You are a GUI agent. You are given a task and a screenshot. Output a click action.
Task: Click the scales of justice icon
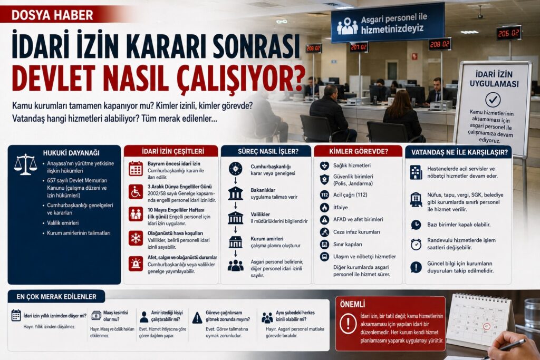click(x=25, y=164)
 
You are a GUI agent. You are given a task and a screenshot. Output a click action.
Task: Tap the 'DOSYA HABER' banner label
click(x=52, y=15)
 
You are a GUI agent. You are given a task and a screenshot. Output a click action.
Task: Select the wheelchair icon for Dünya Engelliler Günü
click(x=136, y=192)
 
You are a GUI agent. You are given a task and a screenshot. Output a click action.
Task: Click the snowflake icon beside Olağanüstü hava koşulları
click(x=136, y=238)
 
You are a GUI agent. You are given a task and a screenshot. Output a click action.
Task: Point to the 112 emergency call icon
click(x=324, y=195)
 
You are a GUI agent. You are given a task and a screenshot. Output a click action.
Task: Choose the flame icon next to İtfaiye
click(x=324, y=207)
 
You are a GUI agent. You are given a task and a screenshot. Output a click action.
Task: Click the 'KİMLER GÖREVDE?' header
click(x=359, y=151)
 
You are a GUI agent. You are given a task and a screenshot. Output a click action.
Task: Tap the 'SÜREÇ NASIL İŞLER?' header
click(x=268, y=151)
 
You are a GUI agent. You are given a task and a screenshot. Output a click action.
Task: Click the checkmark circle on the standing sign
click(x=493, y=100)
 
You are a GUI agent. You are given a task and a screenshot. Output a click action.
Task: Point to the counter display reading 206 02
click(x=508, y=33)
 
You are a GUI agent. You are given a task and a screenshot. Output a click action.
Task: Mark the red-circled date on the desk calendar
click(x=486, y=326)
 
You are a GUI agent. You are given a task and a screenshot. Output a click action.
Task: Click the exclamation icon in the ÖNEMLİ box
click(x=348, y=324)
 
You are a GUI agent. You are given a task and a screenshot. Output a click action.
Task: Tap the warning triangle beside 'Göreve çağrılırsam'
click(x=197, y=318)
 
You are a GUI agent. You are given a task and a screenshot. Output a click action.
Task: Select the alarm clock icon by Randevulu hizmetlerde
click(x=416, y=245)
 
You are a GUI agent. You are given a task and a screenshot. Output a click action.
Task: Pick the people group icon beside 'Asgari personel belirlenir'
click(x=236, y=265)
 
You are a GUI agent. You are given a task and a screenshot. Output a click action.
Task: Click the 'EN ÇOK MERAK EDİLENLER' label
click(x=56, y=297)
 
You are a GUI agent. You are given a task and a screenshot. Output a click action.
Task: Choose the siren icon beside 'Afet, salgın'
click(x=136, y=264)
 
